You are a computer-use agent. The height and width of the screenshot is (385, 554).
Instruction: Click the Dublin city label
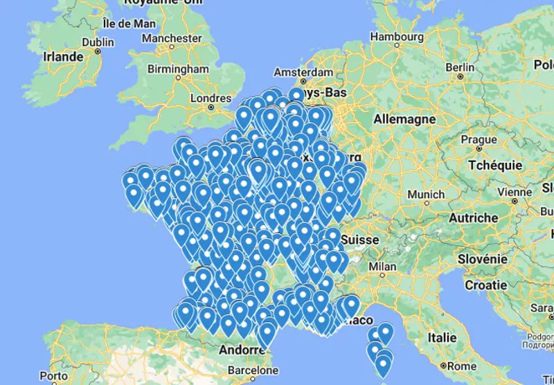pos(98,41)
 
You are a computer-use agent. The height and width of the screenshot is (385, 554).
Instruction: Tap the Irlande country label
pos(63,57)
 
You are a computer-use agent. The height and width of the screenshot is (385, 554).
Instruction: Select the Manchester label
pos(171,37)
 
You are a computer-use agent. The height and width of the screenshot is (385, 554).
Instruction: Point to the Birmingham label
pos(178,69)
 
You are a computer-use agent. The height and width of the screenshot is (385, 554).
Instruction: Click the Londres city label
pos(211,98)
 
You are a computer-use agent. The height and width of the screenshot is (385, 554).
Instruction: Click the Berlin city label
pos(461,67)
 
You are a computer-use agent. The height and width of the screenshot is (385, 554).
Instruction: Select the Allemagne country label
pos(404,119)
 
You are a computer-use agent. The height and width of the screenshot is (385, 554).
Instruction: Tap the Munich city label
pos(426,195)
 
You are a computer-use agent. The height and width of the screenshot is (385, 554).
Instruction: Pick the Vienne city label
pos(515,192)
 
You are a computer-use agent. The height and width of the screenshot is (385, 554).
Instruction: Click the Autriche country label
pos(474,217)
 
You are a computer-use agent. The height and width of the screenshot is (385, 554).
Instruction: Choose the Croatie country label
pos(485,285)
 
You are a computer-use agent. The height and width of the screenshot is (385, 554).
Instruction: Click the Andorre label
pos(238,350)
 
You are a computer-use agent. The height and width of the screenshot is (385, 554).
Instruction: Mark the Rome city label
pos(461,366)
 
